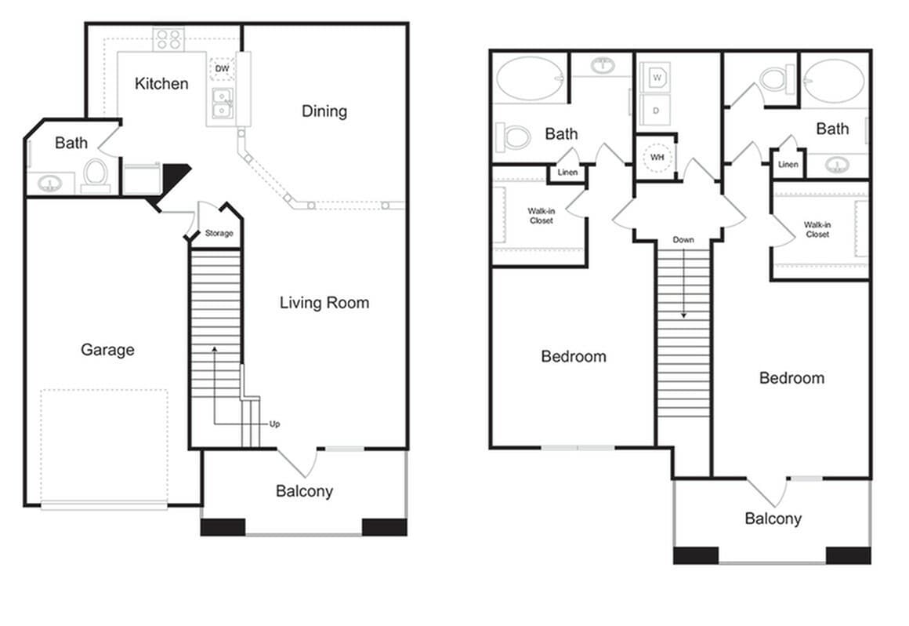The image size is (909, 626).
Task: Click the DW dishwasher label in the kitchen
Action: [222, 69]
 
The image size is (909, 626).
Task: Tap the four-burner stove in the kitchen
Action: [168, 39]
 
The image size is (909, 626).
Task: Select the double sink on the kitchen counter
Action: [222, 104]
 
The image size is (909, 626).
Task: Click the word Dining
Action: [324, 111]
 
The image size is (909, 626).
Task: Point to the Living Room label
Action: [324, 303]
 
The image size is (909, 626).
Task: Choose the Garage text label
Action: [107, 350]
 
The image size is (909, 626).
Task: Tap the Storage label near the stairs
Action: [219, 234]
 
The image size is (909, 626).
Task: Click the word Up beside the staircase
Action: [274, 424]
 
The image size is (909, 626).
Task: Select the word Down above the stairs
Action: [683, 239]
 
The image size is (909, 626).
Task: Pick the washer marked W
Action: [657, 78]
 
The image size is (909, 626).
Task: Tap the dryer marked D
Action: [657, 110]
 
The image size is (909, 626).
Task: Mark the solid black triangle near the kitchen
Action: [176, 173]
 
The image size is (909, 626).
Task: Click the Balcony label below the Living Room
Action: [304, 492]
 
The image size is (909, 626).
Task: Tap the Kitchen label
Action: [161, 83]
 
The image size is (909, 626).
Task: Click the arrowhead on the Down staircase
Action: [683, 315]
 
